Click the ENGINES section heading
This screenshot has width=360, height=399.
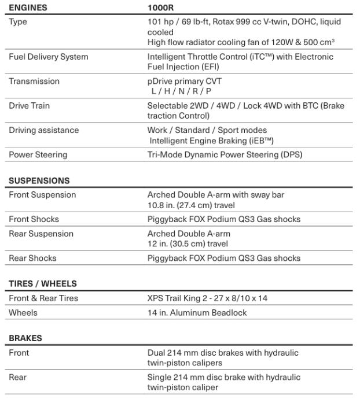pos(28,8)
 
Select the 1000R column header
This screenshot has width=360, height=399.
pos(161,8)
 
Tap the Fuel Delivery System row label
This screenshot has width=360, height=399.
pos(49,57)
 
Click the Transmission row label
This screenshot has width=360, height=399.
pos(34,81)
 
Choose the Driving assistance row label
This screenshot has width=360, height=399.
pos(43,130)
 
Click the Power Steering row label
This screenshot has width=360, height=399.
pos(38,154)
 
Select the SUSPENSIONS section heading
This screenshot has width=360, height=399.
pos(39,180)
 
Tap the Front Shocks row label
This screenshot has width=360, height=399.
pos(34,219)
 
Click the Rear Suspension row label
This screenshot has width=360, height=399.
pos(41,234)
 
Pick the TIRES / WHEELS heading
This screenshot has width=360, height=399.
pos(43,284)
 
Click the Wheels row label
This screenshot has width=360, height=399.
pos(23,312)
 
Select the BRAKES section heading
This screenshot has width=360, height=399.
pos(25,338)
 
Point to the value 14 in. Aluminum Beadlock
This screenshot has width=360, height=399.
pos(197,312)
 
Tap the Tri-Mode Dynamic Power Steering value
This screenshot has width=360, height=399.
pos(225,154)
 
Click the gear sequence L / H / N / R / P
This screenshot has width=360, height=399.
pos(178,91)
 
